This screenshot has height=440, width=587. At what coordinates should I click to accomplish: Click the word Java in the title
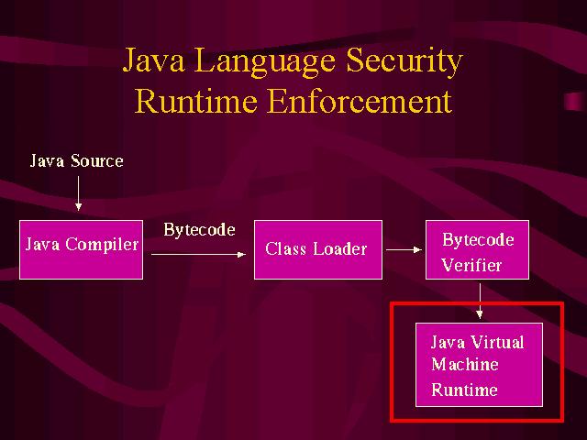153,60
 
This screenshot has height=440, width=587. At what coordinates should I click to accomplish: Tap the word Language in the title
265,62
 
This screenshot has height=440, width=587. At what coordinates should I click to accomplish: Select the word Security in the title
404,62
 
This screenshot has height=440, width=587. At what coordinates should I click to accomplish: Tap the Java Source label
77,161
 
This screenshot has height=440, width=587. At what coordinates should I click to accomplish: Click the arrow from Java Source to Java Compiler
78,193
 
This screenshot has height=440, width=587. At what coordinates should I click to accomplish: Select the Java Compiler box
81,249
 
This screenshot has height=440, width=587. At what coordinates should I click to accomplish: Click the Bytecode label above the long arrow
199,230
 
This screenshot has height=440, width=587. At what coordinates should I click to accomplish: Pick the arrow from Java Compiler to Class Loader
198,255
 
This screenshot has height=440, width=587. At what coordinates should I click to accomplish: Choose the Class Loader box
318,249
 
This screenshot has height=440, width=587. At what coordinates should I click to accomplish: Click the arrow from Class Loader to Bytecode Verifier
404,249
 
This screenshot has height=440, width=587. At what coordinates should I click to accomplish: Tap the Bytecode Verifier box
477,249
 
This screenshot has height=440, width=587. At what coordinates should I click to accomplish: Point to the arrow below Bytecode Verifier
480,301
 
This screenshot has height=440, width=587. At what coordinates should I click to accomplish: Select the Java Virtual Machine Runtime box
479,365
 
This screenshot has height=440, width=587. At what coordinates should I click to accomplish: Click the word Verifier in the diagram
471,265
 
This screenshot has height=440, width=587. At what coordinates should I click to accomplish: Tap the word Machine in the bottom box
465,365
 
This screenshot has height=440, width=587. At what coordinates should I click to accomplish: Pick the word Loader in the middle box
340,248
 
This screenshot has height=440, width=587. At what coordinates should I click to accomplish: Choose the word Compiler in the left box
102,246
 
